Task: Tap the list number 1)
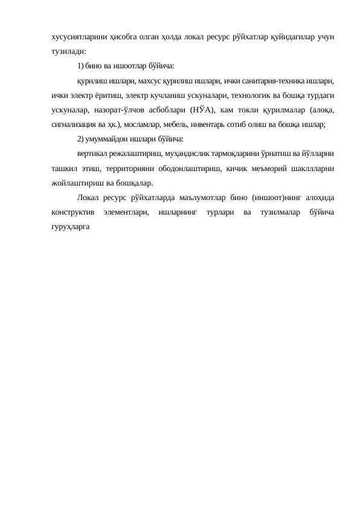point(81,66)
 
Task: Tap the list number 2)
point(81,140)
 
